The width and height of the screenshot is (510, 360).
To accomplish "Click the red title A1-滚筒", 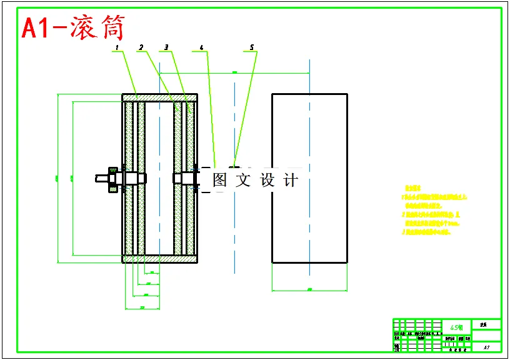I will [x=74, y=28].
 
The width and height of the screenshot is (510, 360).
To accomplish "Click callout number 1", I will [x=116, y=47].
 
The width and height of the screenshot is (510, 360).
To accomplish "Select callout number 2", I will [x=141, y=47].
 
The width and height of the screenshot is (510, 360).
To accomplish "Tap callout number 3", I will [x=166, y=47].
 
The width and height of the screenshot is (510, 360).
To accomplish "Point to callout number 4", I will [x=201, y=47].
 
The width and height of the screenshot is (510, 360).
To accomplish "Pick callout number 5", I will [x=251, y=47].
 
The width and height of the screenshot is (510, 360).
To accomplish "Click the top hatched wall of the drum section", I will [x=159, y=97].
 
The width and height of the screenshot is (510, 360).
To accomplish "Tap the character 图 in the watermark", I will [x=219, y=181].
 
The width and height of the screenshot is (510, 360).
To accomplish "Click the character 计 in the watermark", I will [x=291, y=181].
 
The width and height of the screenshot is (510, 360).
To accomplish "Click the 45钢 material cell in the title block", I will [x=457, y=327].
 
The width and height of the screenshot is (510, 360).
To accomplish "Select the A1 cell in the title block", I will [x=486, y=346].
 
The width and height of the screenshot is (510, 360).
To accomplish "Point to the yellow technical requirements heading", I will [x=413, y=187].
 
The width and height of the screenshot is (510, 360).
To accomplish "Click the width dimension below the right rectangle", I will [x=310, y=289].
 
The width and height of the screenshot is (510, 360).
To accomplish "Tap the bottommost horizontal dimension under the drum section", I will [x=142, y=307].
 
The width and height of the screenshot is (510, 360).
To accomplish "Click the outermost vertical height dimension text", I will [x=56, y=179].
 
